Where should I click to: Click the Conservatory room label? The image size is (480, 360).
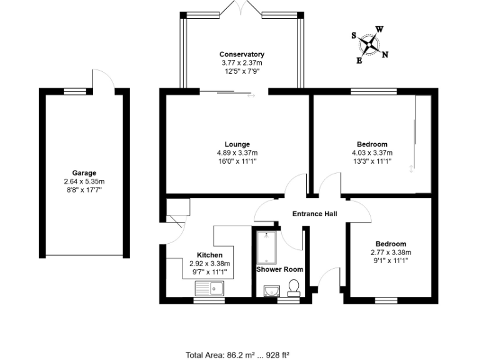[x=241, y=54]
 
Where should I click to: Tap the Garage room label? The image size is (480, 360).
[x=84, y=173]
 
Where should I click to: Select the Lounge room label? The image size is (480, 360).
[x=237, y=144]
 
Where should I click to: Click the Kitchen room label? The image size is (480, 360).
[x=210, y=256]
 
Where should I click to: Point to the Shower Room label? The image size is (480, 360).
[x=279, y=269]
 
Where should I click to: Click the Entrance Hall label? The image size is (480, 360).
[x=315, y=214]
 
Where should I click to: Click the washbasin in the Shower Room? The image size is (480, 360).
[x=271, y=291]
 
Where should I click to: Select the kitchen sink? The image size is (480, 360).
[x=209, y=288]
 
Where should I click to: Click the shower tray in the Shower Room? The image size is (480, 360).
[x=266, y=247]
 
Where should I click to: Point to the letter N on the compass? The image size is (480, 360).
[x=385, y=54]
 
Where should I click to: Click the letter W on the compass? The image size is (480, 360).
[x=379, y=29]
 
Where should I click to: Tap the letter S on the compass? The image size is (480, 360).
[x=354, y=36]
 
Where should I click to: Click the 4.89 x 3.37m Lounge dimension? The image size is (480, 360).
[x=237, y=152]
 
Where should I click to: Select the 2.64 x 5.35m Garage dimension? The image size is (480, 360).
[x=84, y=181]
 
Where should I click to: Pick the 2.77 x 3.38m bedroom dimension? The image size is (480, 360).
[x=391, y=252]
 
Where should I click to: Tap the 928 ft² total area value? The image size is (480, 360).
[x=277, y=354]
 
